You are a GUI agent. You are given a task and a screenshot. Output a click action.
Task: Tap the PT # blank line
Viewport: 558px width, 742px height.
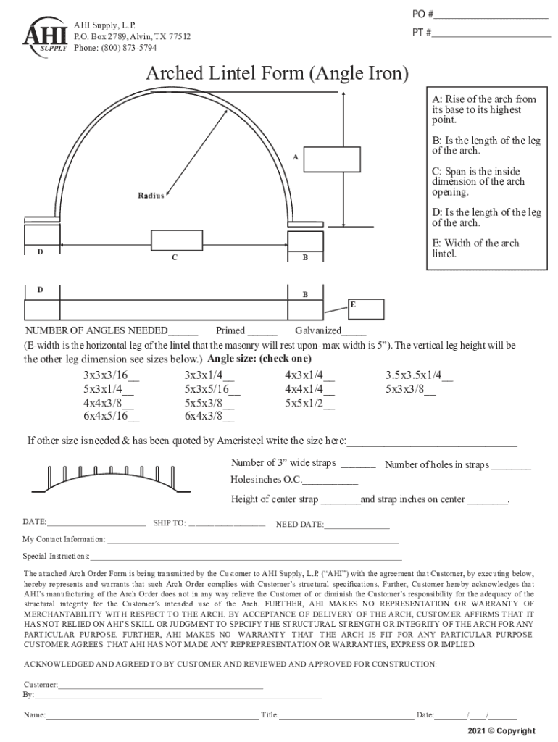tap(492, 33)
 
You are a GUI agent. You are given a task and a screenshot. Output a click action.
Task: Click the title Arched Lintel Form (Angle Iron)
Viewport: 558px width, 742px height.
tap(278, 73)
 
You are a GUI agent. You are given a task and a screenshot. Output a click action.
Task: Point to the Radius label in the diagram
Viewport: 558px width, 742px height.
tap(151, 196)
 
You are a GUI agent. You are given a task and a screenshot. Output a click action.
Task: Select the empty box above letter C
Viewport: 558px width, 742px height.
tap(176, 240)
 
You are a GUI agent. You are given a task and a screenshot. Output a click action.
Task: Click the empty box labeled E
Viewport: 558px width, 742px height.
tap(366, 307)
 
